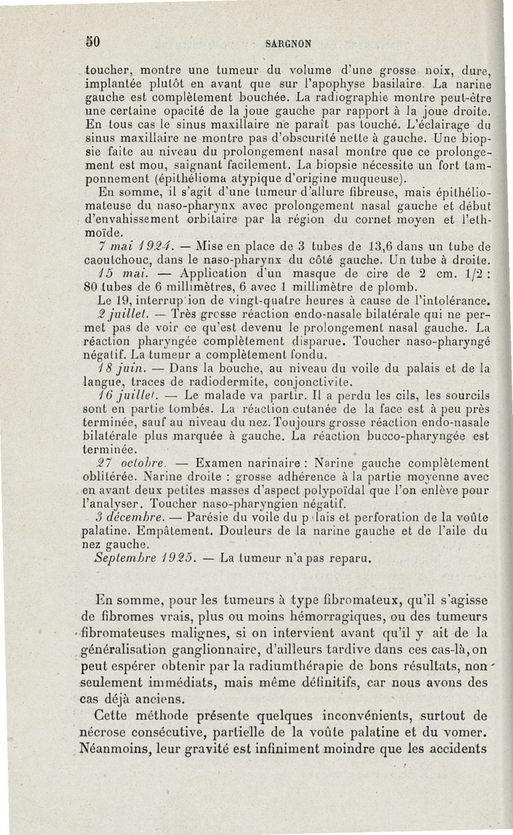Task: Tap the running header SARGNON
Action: click(x=289, y=44)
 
